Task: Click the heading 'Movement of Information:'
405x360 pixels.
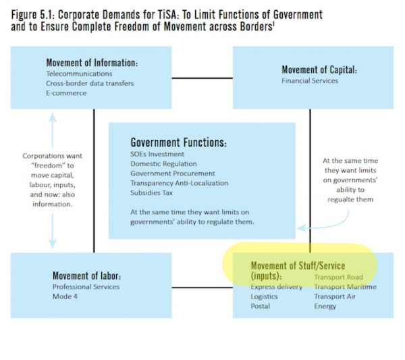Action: [92, 63]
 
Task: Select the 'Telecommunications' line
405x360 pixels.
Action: [79, 74]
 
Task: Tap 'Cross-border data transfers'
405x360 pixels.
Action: [90, 83]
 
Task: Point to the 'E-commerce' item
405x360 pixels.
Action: [66, 93]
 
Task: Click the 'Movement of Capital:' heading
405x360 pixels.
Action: [319, 70]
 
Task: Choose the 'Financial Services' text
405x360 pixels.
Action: [310, 80]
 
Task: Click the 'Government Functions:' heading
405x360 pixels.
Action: [178, 143]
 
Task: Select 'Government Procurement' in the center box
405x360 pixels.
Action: [173, 174]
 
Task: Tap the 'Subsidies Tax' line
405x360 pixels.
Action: [151, 192]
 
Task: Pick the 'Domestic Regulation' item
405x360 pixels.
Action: [163, 164]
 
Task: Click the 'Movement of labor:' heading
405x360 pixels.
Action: [87, 276]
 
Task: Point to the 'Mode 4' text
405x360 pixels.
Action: [65, 297]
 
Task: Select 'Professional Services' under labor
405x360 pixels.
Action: [86, 287]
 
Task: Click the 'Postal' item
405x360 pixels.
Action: [260, 306]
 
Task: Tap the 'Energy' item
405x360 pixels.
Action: [325, 307]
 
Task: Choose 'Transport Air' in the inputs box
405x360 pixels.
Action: [335, 297]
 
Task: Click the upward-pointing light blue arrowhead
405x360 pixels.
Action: [53, 118]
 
